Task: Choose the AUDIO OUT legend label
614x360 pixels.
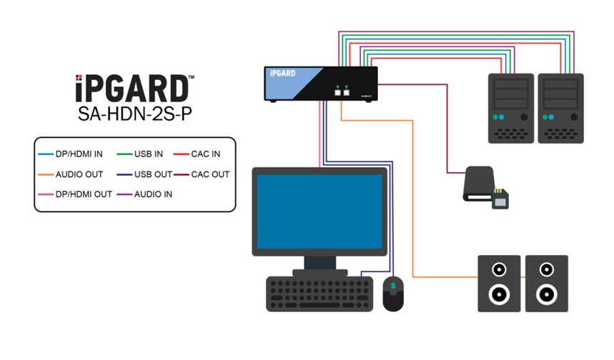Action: tap(79, 174)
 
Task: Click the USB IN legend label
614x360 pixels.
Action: tap(148, 154)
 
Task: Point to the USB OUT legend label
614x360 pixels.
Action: tap(152, 174)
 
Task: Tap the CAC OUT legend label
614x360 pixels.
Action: tap(210, 174)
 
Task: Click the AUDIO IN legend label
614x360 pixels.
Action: tap(152, 194)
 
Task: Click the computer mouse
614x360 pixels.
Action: tap(392, 294)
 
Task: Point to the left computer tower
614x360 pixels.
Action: tap(511, 108)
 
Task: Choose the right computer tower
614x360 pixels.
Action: tap(560, 108)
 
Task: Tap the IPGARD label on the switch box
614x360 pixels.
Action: tap(282, 73)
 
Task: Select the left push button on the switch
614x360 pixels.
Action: tap(337, 91)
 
